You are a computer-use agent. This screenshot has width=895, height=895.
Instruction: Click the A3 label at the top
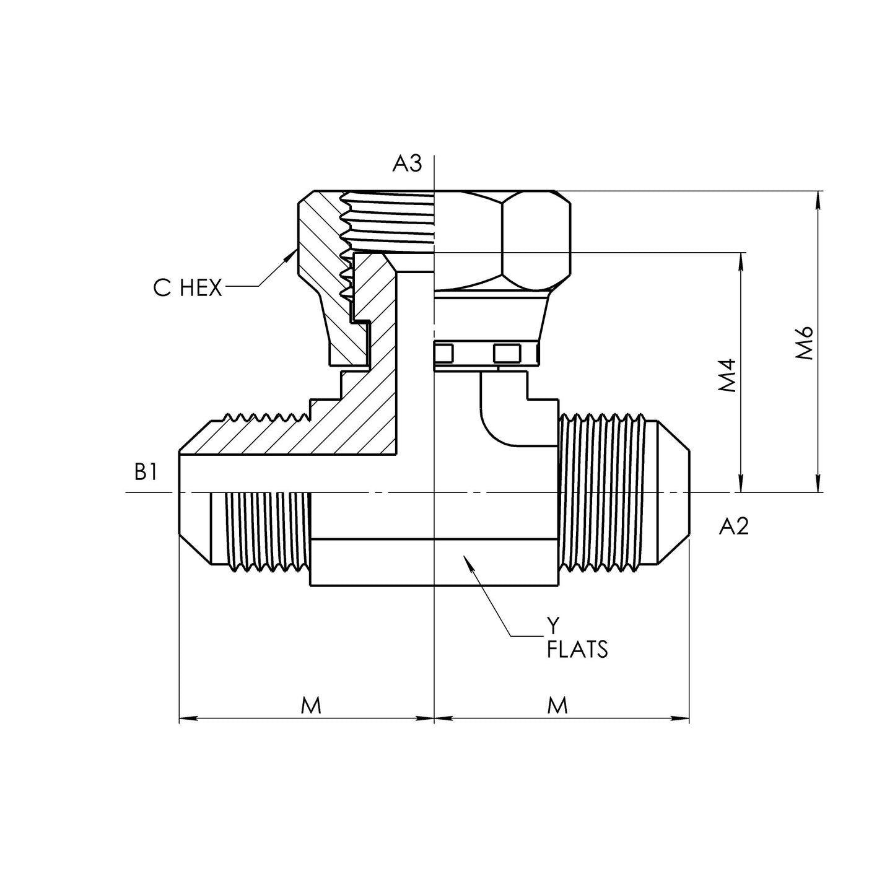[x=407, y=164]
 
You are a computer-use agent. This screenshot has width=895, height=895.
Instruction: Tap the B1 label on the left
[x=146, y=473]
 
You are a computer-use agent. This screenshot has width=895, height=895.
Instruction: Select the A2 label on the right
[x=734, y=526]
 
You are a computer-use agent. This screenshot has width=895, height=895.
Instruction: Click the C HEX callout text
[x=187, y=288]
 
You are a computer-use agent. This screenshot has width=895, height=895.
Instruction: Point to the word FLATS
[x=577, y=650]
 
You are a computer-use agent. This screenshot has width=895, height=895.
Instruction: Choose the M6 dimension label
[x=805, y=343]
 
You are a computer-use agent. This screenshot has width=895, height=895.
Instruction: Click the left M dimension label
[x=311, y=705]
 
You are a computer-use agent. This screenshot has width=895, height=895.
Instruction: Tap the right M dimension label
[x=558, y=705]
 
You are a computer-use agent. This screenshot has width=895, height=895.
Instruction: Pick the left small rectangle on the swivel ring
[x=444, y=354]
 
